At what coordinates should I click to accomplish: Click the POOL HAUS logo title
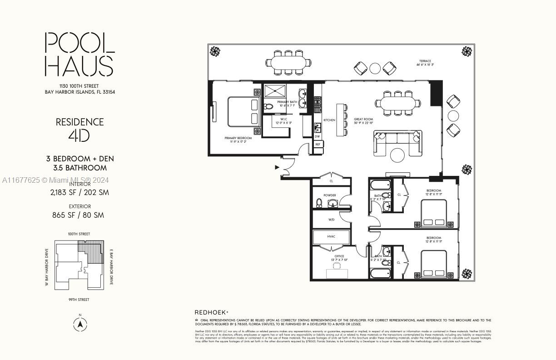[79, 54]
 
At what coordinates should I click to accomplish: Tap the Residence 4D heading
[79, 128]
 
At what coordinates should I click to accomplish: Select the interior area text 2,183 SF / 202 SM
[79, 192]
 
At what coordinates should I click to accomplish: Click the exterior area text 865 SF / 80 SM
[78, 215]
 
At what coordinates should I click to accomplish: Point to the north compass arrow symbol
[80, 325]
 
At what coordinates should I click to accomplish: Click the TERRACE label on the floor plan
[425, 61]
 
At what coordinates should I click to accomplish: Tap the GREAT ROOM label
[363, 119]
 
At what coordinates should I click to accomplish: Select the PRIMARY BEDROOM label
[238, 138]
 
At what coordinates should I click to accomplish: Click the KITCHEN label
[329, 120]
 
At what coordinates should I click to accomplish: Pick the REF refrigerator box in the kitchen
[318, 145]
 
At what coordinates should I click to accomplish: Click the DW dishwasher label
[318, 136]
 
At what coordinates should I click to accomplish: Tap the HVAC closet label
[331, 236]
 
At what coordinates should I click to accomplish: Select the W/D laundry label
[332, 220]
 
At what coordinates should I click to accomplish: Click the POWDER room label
[330, 195]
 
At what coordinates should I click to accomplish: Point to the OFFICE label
[340, 256]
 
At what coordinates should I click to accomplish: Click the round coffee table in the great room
[397, 155]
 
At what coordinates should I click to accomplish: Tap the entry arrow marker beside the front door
[277, 167]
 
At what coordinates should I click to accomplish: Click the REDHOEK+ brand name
[211, 312]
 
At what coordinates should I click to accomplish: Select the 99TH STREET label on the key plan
[79, 300]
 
